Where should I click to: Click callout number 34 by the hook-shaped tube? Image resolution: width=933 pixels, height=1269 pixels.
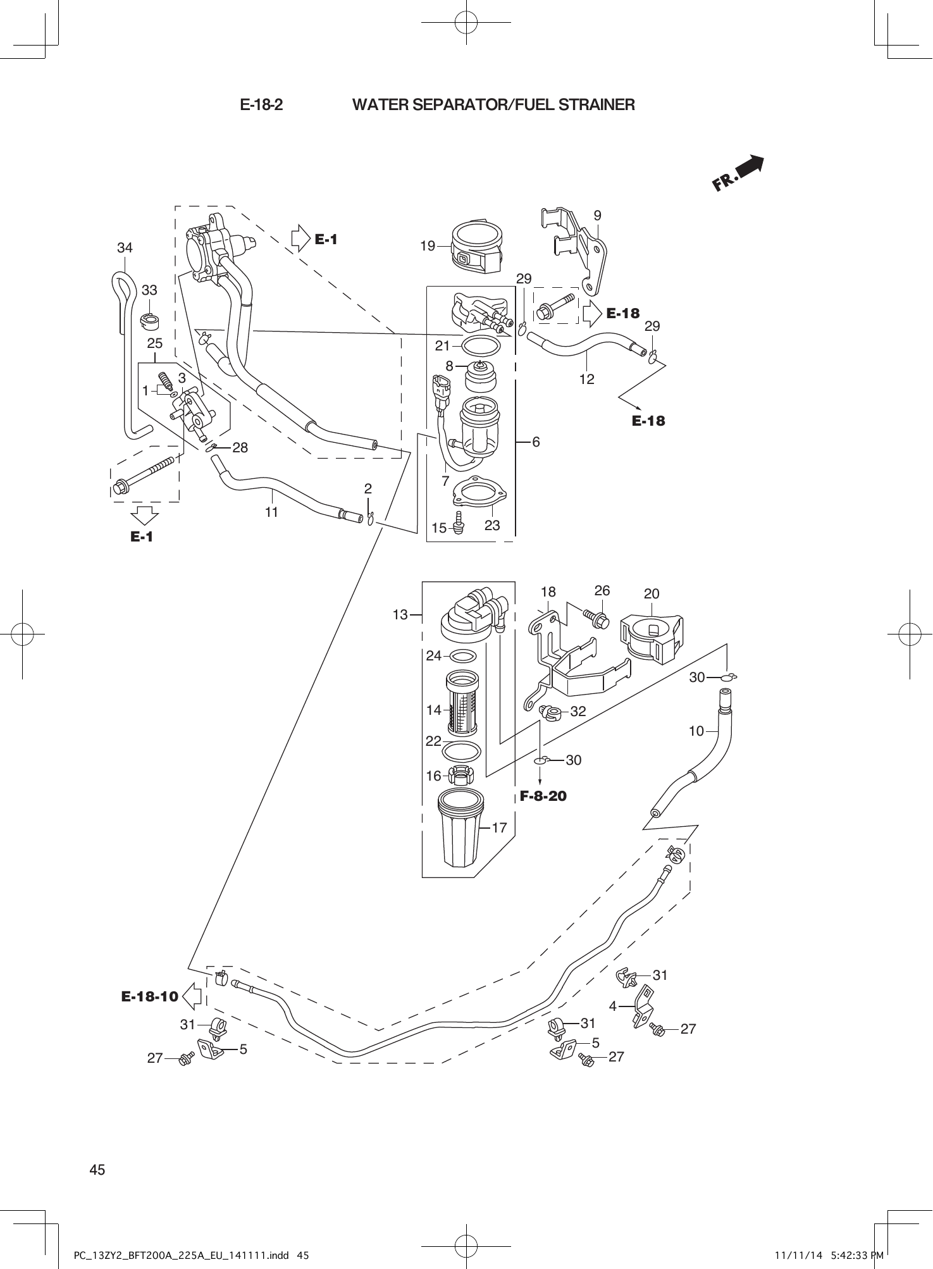coord(125,248)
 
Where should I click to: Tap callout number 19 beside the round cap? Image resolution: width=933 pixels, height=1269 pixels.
coord(428,246)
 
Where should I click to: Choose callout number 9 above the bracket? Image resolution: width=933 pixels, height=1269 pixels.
coord(597,215)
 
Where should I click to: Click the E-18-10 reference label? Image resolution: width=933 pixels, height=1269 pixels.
coord(149,997)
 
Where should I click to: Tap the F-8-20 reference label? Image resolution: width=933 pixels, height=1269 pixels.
coord(543,796)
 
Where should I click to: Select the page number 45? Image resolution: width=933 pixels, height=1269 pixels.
coord(97,1170)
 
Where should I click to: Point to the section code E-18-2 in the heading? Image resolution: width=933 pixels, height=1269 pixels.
coord(261,104)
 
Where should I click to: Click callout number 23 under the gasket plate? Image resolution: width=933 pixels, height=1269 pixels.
coord(492,526)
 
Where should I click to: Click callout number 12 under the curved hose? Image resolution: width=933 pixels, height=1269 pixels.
coord(586,379)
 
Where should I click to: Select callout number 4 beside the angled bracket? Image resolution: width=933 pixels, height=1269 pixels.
coord(612,1006)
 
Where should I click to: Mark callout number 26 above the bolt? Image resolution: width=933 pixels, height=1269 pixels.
coord(602,590)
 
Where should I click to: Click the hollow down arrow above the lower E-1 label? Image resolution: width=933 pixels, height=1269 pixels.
coord(145,515)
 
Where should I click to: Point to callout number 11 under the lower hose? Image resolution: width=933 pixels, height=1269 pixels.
coord(271,512)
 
